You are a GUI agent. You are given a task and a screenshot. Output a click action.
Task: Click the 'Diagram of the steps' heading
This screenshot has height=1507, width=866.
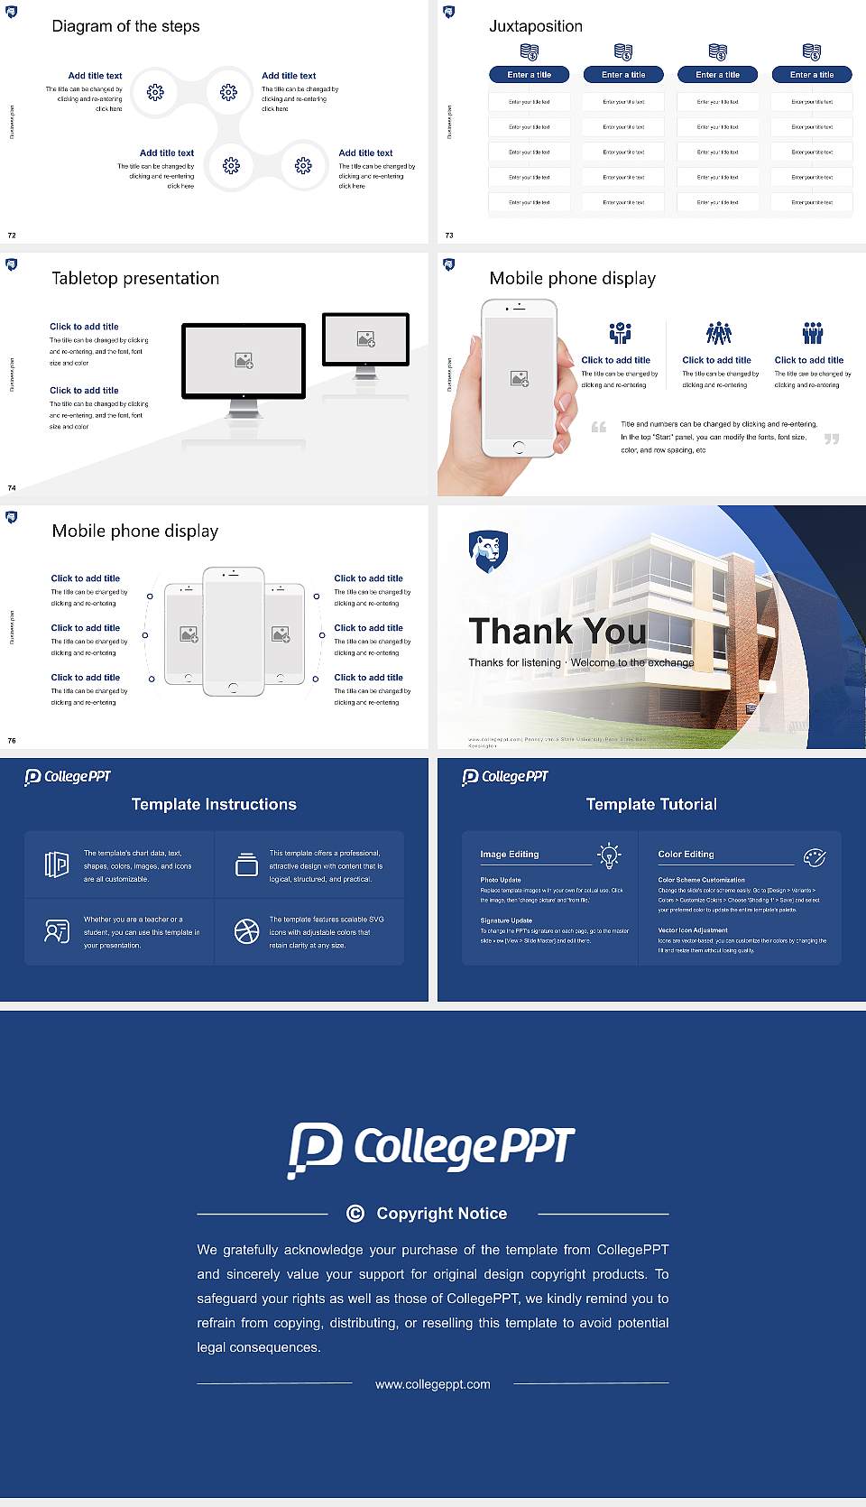click(x=125, y=26)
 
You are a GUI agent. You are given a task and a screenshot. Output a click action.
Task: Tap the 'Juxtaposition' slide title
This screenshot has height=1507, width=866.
click(x=535, y=26)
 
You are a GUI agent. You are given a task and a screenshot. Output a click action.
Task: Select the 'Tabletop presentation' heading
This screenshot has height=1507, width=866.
click(x=135, y=278)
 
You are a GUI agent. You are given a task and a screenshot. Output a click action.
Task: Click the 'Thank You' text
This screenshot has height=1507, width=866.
click(x=557, y=632)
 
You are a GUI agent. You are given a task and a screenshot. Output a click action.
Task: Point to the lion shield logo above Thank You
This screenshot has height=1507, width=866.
click(x=488, y=550)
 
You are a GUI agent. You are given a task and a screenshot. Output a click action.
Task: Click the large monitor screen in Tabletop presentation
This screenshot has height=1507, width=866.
click(x=244, y=360)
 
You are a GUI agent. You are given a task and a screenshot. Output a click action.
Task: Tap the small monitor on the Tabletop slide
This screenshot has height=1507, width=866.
click(x=365, y=338)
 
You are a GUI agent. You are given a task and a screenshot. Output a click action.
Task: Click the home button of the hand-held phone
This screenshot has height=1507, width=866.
click(x=519, y=447)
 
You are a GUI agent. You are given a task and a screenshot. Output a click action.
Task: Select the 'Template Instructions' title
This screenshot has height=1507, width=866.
click(x=214, y=804)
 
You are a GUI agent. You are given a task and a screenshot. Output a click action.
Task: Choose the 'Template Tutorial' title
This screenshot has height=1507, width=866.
click(x=651, y=804)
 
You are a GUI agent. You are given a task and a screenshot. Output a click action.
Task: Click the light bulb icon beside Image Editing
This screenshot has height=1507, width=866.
click(x=610, y=855)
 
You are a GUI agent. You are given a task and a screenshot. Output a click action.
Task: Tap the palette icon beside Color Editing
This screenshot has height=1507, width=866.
click(x=815, y=856)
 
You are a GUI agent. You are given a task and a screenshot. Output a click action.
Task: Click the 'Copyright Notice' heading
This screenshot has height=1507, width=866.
click(x=441, y=1214)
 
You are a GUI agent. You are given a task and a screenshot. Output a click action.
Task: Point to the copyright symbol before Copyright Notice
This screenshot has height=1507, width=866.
click(x=355, y=1214)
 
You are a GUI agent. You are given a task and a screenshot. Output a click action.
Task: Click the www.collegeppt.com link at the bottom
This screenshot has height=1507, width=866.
click(x=433, y=1384)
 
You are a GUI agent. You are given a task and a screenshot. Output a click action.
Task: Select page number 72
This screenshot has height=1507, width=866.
click(x=12, y=235)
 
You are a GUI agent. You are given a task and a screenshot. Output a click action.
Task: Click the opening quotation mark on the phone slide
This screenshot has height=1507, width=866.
click(x=599, y=427)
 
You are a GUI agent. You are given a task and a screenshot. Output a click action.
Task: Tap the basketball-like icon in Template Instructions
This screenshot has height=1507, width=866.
click(x=246, y=931)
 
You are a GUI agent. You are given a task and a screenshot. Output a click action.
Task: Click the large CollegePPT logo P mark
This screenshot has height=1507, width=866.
click(x=315, y=1149)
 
